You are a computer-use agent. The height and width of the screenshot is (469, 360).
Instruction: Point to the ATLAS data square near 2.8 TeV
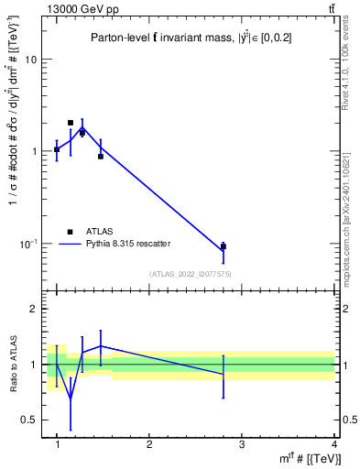(224, 246)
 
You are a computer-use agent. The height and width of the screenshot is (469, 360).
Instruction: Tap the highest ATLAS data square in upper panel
(71, 123)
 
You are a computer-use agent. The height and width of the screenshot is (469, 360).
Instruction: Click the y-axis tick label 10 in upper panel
(31, 59)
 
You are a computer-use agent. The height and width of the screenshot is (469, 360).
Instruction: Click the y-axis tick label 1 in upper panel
(34, 151)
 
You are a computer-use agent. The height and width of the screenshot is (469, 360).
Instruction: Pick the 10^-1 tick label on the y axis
(29, 244)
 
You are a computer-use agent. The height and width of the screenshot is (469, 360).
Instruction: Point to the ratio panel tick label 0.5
(30, 420)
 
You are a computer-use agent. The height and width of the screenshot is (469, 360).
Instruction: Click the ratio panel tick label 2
(35, 310)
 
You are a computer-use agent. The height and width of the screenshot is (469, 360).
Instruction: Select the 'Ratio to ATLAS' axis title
(13, 365)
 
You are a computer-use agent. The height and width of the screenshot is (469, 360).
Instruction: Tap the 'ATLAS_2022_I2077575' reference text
(190, 274)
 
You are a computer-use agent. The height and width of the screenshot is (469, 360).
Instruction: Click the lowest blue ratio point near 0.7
(71, 397)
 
